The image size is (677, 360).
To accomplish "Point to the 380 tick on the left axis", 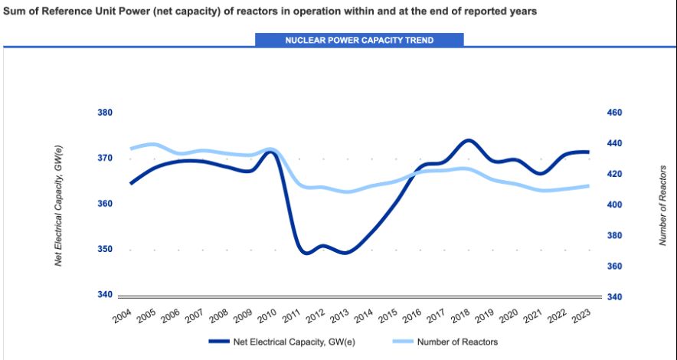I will click(x=105, y=113).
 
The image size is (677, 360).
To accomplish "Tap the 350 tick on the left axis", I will click(x=105, y=250).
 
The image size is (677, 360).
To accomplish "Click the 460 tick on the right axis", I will click(x=615, y=113).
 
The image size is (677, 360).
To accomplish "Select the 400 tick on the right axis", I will click(x=615, y=205).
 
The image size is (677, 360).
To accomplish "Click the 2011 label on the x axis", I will click(x=292, y=315).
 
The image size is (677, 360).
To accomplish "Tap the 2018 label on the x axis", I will click(x=461, y=315).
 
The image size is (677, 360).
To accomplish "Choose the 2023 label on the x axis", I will click(x=581, y=315).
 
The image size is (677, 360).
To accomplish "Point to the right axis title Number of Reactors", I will click(x=663, y=205).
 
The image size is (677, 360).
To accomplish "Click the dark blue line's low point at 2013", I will click(x=346, y=252).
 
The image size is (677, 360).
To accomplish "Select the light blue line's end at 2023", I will click(x=588, y=186).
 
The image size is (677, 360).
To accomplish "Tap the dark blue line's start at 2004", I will click(x=131, y=184).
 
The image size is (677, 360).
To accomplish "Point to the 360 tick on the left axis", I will click(x=105, y=204).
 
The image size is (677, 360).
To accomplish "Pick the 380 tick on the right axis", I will click(x=615, y=236).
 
